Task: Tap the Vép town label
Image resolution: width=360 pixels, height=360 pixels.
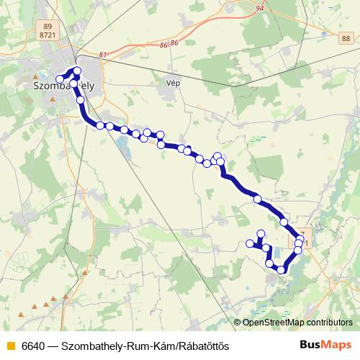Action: tap(172, 83)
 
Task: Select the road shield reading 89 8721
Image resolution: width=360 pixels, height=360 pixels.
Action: tap(49, 30)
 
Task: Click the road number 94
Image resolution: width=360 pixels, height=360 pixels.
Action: tap(259, 9)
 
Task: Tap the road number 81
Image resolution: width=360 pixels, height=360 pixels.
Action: tap(103, 55)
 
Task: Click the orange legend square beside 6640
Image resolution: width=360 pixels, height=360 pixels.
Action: tap(10, 346)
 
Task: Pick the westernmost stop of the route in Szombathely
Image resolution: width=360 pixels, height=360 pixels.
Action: tap(60, 79)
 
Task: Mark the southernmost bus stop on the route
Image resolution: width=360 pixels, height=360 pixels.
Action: tap(282, 270)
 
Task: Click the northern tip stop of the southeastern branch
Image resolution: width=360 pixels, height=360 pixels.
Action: tap(261, 233)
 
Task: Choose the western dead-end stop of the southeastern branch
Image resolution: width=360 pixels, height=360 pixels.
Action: tap(251, 244)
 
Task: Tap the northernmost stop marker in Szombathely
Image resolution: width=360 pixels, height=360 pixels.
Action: tap(76, 71)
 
